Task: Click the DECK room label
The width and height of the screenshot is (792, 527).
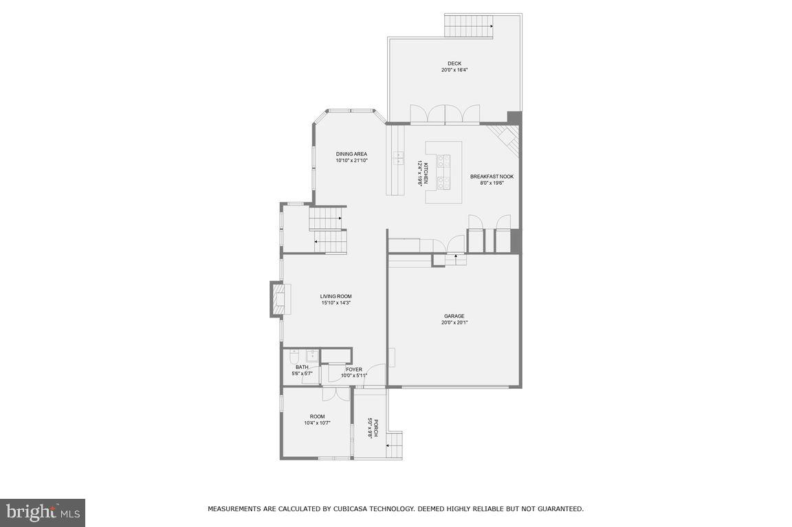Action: click(454, 64)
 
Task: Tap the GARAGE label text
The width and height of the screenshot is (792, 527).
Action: click(454, 316)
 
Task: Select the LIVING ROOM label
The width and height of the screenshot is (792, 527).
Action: click(335, 296)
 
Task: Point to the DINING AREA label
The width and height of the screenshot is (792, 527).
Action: click(351, 154)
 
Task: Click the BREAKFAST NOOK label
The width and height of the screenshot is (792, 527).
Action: click(492, 177)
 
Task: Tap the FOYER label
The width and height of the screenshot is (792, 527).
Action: click(354, 370)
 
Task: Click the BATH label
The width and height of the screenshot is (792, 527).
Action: click(301, 368)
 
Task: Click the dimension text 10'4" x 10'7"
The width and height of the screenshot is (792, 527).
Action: click(317, 423)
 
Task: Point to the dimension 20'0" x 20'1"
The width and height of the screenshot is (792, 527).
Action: click(454, 323)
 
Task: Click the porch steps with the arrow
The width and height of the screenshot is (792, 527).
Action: click(394, 445)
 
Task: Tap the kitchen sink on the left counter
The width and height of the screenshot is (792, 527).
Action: click(397, 159)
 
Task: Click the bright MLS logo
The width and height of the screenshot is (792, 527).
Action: click(42, 512)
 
